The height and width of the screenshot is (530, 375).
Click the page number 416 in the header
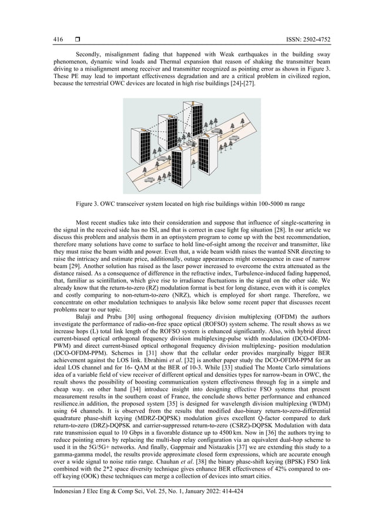click(58, 39)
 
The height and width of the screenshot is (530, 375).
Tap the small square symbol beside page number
click(77, 39)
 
